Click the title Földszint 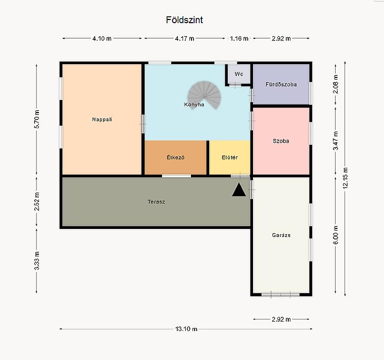pyautogui.click(x=185, y=20)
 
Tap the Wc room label pyautogui.click(x=239, y=74)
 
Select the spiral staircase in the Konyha pyautogui.click(x=204, y=95)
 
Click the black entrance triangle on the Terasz pyautogui.click(x=239, y=190)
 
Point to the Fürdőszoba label pyautogui.click(x=281, y=84)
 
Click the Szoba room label pyautogui.click(x=281, y=141)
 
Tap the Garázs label pyautogui.click(x=281, y=235)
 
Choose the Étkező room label pyautogui.click(x=176, y=157)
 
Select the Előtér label pyautogui.click(x=230, y=157)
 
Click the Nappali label pyautogui.click(x=102, y=119)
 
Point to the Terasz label pyautogui.click(x=156, y=202)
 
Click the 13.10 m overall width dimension pyautogui.click(x=186, y=329)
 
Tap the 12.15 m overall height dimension pyautogui.click(x=345, y=178)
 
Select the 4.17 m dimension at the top pyautogui.click(x=185, y=38)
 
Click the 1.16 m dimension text pyautogui.click(x=239, y=38)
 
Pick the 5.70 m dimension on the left pyautogui.click(x=36, y=119)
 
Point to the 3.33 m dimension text pyautogui.click(x=36, y=261)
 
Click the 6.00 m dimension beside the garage pyautogui.click(x=336, y=235)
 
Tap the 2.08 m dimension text pyautogui.click(x=336, y=84)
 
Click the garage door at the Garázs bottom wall pyautogui.click(x=281, y=294)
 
